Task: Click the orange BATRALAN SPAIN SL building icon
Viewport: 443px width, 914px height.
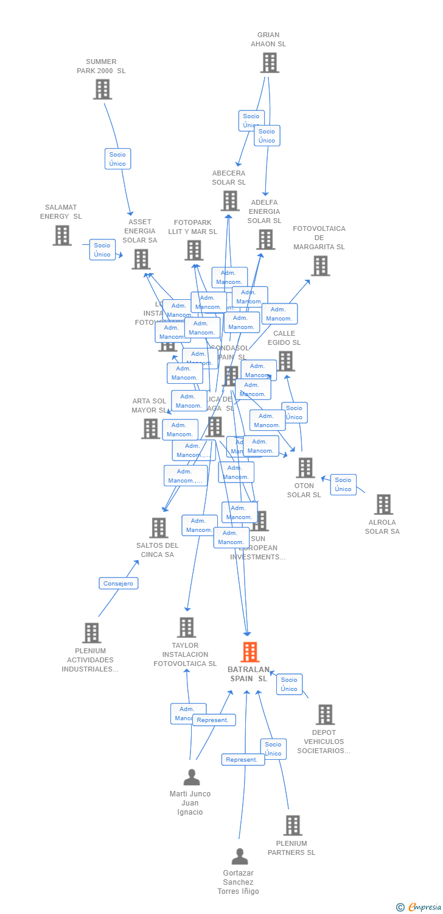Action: pyautogui.click(x=250, y=652)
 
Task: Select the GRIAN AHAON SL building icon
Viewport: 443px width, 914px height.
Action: pyautogui.click(x=269, y=63)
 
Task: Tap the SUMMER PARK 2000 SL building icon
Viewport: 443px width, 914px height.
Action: pyautogui.click(x=102, y=90)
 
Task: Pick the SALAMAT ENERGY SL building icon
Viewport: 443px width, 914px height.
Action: pyautogui.click(x=62, y=235)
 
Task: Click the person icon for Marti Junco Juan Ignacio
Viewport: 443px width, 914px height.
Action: pyautogui.click(x=192, y=778)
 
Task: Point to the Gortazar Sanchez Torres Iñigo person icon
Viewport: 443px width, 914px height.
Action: pyautogui.click(x=240, y=857)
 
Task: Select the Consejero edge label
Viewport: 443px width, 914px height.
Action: pyautogui.click(x=119, y=583)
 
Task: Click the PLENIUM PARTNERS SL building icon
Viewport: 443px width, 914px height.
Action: pyautogui.click(x=293, y=826)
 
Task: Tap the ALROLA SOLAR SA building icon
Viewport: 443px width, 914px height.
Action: pyautogui.click(x=383, y=505)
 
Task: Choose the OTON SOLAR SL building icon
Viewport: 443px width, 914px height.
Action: pyautogui.click(x=305, y=468)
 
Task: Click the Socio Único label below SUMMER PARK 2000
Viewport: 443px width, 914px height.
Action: pyautogui.click(x=117, y=158)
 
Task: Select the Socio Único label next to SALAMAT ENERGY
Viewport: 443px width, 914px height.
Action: pyautogui.click(x=102, y=250)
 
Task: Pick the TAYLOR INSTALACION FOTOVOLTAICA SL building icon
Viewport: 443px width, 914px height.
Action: pyautogui.click(x=186, y=627)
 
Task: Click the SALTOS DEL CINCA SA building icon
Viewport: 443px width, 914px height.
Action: pyautogui.click(x=159, y=528)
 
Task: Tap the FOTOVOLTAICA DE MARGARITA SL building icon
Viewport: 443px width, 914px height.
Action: pyautogui.click(x=320, y=266)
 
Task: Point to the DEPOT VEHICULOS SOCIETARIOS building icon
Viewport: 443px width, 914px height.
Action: pyautogui.click(x=325, y=715)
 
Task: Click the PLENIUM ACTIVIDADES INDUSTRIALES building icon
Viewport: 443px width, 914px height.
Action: pyautogui.click(x=91, y=633)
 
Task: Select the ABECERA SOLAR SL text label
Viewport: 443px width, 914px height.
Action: pyautogui.click(x=229, y=177)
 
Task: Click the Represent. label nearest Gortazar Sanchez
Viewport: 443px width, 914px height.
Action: pyautogui.click(x=243, y=759)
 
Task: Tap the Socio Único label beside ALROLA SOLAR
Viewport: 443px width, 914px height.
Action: pyautogui.click(x=343, y=484)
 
